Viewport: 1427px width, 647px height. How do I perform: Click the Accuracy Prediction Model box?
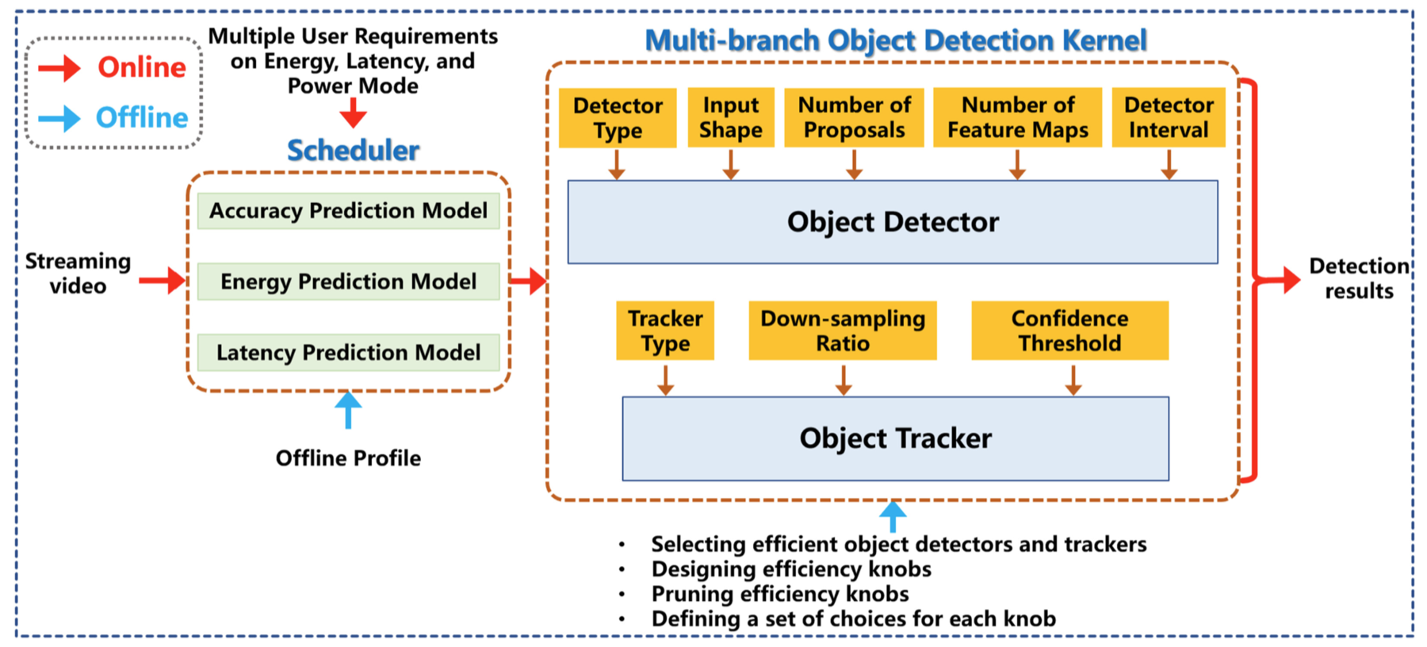pyautogui.click(x=348, y=211)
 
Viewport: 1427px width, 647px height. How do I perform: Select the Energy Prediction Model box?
pyautogui.click(x=348, y=281)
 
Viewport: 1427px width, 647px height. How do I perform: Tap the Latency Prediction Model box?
pyautogui.click(x=348, y=352)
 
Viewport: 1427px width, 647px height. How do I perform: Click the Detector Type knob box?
pyautogui.click(x=618, y=117)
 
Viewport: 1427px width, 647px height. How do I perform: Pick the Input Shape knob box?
pyautogui.click(x=731, y=117)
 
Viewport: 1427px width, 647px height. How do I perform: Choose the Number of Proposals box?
pyautogui.click(x=854, y=117)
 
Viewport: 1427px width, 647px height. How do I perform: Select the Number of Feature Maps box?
pyautogui.click(x=1018, y=117)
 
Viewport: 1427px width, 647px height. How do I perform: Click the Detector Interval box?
pyautogui.click(x=1169, y=117)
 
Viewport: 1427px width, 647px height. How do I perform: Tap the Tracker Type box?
pyautogui.click(x=665, y=331)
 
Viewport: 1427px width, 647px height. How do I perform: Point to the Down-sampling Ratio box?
pyautogui.click(x=843, y=331)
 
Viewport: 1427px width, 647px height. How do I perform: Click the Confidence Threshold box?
pyautogui.click(x=1070, y=331)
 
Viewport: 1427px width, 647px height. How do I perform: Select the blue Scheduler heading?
pyautogui.click(x=354, y=150)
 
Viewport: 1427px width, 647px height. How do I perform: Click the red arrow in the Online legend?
pyautogui.click(x=59, y=68)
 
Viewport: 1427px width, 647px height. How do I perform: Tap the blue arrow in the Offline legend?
pyautogui.click(x=59, y=118)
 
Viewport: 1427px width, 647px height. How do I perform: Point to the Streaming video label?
pyautogui.click(x=78, y=274)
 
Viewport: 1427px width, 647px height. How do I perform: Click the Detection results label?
pyautogui.click(x=1359, y=278)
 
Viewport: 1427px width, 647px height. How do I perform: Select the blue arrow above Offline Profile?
pyautogui.click(x=348, y=410)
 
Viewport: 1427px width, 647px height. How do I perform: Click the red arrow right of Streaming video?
pyautogui.click(x=163, y=280)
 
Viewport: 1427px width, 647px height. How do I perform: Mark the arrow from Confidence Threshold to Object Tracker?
pyautogui.click(x=1073, y=380)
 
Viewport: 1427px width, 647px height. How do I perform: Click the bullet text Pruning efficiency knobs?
pyautogui.click(x=780, y=594)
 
